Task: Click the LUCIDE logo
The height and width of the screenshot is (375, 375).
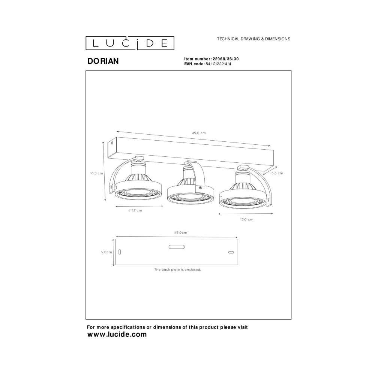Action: click(x=130, y=43)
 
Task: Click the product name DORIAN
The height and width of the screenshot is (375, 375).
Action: click(x=103, y=61)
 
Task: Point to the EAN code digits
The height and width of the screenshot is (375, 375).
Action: click(x=218, y=64)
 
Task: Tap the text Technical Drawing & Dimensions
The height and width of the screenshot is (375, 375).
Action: click(x=253, y=39)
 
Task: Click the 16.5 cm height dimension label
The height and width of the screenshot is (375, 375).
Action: click(x=97, y=173)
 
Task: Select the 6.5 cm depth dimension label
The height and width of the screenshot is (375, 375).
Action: click(x=277, y=173)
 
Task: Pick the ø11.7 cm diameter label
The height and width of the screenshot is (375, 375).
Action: click(x=135, y=210)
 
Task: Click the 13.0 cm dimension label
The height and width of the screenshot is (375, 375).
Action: click(x=247, y=219)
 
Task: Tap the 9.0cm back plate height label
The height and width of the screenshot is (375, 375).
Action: click(x=106, y=252)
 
